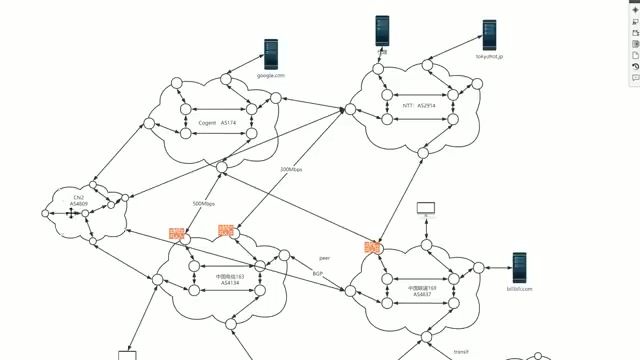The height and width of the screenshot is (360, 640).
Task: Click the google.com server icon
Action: coord(270,52)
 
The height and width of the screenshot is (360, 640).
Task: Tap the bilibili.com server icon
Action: coord(519,267)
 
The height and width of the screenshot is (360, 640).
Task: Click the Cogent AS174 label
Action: coord(217,123)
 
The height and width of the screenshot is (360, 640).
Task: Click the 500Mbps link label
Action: coord(203,203)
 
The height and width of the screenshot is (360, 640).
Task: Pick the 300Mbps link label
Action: coord(291,170)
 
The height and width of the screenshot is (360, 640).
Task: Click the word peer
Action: coord(323,257)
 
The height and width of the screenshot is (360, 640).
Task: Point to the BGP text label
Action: coord(318,273)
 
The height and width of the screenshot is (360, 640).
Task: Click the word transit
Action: coord(461,352)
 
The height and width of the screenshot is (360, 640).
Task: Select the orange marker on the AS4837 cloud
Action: coord(373,247)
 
